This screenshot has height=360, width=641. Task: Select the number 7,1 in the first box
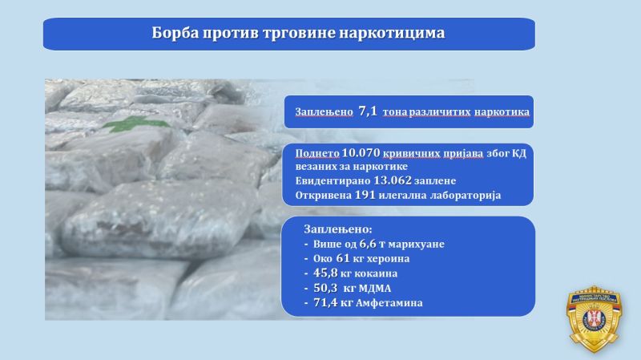[368, 111]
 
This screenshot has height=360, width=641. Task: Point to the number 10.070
[361, 153]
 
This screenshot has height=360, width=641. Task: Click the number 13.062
[393, 180]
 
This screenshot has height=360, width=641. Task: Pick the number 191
[365, 195]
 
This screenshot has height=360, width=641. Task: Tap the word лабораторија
[466, 196]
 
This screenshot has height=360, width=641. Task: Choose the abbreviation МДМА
[375, 289]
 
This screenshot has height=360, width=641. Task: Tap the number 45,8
[325, 273]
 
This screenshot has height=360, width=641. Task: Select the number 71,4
[325, 303]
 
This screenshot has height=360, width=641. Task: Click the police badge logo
[594, 319]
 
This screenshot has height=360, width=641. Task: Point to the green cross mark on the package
[135, 123]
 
